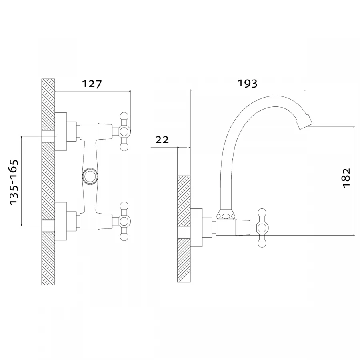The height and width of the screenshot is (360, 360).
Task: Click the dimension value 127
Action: [92, 84]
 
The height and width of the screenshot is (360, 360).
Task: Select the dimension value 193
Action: [247, 83]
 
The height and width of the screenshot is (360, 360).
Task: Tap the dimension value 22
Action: [162, 140]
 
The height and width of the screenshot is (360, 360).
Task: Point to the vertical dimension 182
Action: [347, 178]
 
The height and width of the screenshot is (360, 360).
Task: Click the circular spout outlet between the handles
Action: [90, 176]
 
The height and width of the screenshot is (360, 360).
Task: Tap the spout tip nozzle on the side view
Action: [304, 122]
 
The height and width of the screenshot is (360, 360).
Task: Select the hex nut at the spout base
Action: [226, 215]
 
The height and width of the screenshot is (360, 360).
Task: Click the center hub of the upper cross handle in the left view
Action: [124, 132]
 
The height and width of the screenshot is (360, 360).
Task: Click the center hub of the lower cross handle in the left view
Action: [124, 221]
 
